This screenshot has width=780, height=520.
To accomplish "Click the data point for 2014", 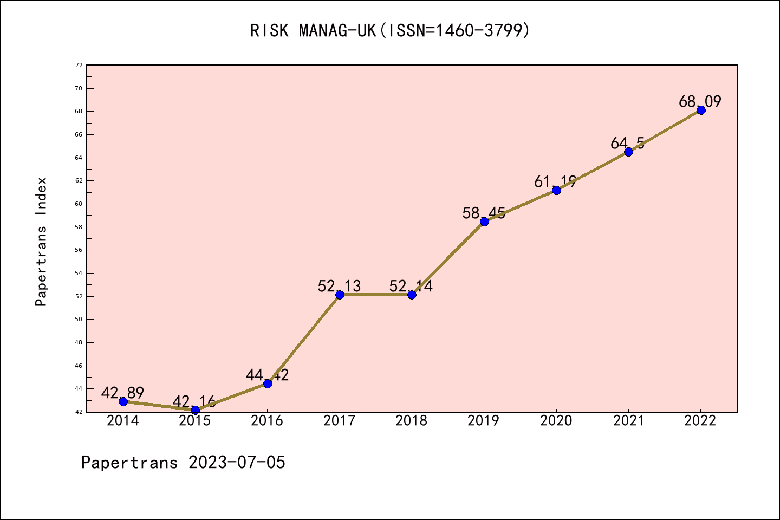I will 123,401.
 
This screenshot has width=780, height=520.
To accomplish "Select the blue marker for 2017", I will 340,295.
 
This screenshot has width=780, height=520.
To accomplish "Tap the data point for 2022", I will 701,110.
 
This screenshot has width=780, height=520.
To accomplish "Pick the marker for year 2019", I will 484,222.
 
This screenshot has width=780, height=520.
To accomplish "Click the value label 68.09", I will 700,101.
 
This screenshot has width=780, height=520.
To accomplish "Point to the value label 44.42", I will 267,375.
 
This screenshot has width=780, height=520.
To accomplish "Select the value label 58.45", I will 484,213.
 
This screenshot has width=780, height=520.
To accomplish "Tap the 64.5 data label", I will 627,143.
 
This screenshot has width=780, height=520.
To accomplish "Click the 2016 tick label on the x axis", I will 267,421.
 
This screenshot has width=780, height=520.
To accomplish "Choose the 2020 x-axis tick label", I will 556,421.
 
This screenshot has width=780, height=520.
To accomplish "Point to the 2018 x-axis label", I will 412,421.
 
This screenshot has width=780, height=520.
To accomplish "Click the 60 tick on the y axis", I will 79,204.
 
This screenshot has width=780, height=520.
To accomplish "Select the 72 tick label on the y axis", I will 79,65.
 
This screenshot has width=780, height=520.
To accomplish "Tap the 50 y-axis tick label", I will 79,320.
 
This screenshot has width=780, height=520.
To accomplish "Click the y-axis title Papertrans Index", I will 41,242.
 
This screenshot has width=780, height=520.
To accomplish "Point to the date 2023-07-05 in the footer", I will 237,463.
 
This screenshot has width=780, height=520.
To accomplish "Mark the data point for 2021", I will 628,152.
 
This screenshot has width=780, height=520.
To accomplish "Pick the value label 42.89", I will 122,393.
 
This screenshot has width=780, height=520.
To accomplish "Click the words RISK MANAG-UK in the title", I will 313,31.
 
